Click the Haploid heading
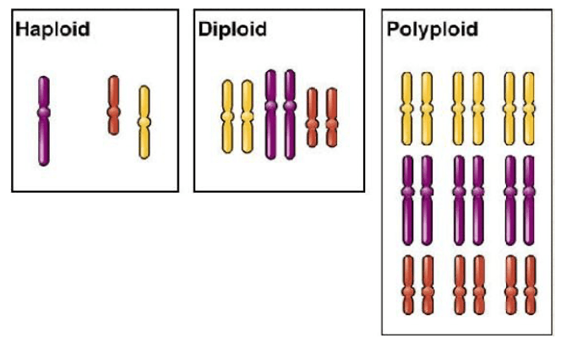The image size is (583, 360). click(52, 30)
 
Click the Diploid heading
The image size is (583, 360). click(232, 30)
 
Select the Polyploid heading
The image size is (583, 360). click(433, 30)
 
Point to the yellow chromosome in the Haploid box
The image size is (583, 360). click(144, 122)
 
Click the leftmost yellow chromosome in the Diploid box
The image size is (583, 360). click(227, 116)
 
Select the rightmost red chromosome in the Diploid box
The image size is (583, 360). click(331, 117)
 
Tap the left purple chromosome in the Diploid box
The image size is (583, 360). click(271, 114)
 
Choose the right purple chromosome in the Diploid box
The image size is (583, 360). click(290, 114)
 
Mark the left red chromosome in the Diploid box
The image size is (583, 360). click(312, 117)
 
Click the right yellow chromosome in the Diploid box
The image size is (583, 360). click(247, 116)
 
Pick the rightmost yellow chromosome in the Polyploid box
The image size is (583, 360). click(530, 107)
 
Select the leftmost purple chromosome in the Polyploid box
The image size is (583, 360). click(407, 199)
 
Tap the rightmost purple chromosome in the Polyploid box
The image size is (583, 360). click(530, 199)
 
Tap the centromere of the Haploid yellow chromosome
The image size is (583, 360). click(144, 123)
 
